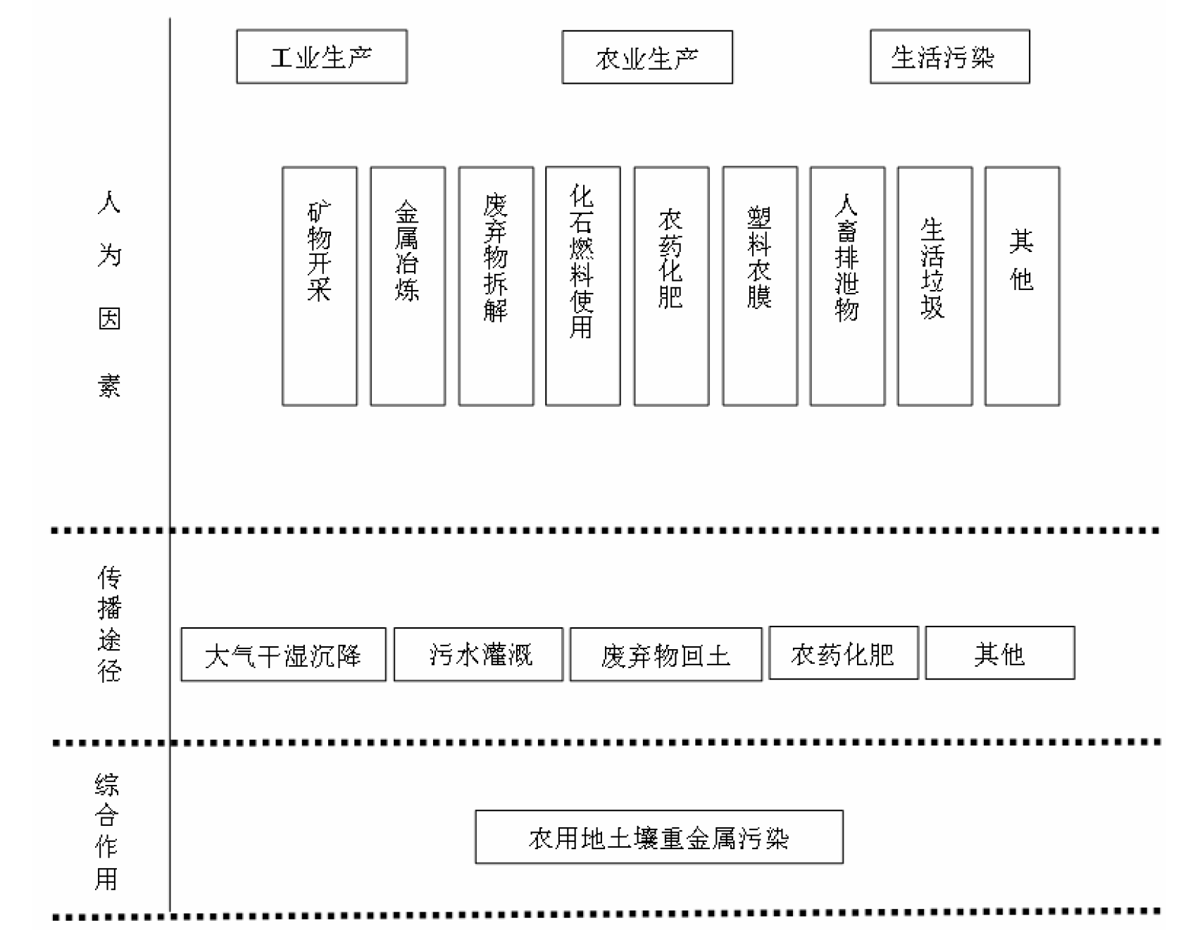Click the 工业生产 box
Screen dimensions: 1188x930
pos(322,57)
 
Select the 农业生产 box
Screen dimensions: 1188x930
pos(647,57)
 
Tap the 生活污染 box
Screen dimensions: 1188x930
pos(950,57)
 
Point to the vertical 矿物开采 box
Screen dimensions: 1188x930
pos(320,287)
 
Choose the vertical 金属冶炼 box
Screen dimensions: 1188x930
pos(408,287)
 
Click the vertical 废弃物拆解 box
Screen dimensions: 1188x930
pos(496,287)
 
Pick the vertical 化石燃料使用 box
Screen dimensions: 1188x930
pos(583,287)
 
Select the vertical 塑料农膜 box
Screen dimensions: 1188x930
pos(760,287)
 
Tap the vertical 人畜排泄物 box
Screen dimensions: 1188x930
pos(847,287)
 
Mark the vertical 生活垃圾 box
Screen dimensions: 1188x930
pos(934,287)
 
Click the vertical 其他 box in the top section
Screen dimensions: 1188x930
pos(1022,287)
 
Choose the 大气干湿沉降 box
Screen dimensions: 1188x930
pos(284,655)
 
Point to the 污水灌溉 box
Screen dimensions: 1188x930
pos(479,655)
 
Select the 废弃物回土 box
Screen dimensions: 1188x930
pos(666,655)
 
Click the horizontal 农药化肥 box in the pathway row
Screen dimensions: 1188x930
pos(844,653)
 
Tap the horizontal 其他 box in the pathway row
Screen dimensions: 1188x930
pos(1000,653)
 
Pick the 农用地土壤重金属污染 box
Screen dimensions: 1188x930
pos(659,837)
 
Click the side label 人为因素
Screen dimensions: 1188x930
pos(109,294)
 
